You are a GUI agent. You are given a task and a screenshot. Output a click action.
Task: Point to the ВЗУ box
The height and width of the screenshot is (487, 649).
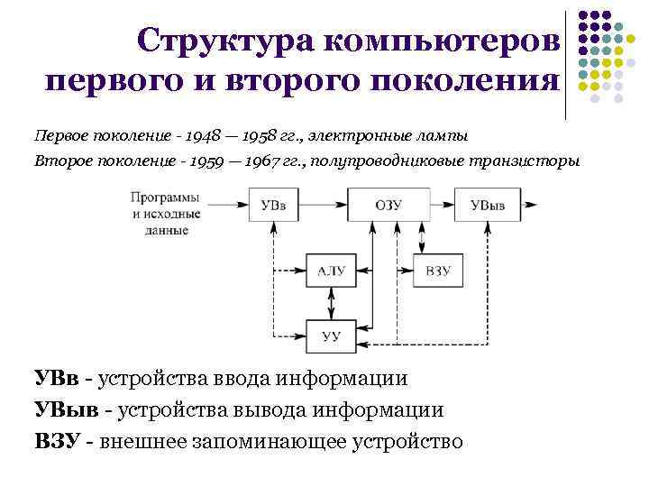pyautogui.click(x=438, y=271)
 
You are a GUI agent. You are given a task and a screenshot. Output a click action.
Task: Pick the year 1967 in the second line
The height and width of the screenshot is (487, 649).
pyautogui.click(x=288, y=161)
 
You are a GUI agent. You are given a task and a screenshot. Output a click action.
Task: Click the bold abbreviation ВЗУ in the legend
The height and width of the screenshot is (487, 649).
pyautogui.click(x=59, y=441)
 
